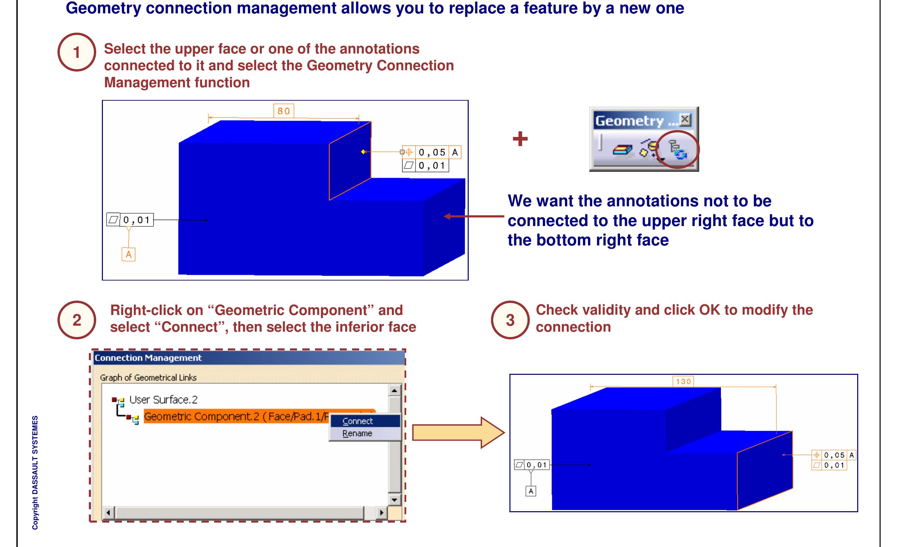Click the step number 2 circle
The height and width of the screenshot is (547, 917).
(77, 320)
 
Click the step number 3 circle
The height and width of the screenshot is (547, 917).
(510, 320)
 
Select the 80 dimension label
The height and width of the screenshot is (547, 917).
(283, 111)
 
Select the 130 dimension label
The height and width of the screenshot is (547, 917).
(683, 381)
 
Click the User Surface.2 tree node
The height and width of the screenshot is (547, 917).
(163, 400)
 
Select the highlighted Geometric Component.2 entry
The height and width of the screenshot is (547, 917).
(236, 417)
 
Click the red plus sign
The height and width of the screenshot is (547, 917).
(520, 139)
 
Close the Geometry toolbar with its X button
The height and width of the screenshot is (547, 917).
(685, 119)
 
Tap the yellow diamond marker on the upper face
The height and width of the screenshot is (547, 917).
(363, 152)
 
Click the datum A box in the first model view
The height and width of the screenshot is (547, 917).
(128, 254)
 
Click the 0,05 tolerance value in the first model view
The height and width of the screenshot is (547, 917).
(432, 152)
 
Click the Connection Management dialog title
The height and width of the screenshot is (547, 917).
(148, 358)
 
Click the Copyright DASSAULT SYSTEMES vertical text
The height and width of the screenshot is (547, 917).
(35, 472)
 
